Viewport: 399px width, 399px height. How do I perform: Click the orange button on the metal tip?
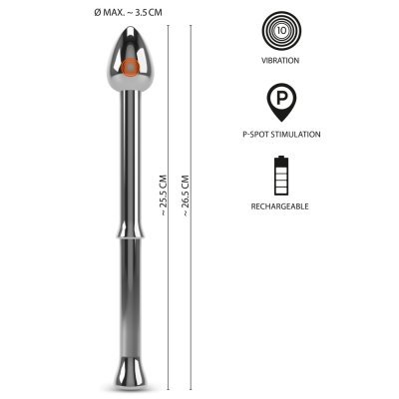coord(130,68)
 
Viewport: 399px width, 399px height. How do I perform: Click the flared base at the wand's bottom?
coord(130,373)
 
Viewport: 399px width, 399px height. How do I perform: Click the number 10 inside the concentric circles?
coord(281,31)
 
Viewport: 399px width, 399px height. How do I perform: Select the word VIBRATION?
coord(280,61)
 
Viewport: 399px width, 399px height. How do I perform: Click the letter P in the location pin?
coord(281,98)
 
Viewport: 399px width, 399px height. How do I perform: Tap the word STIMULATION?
coord(295,135)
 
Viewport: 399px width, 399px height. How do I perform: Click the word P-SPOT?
coord(255,135)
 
